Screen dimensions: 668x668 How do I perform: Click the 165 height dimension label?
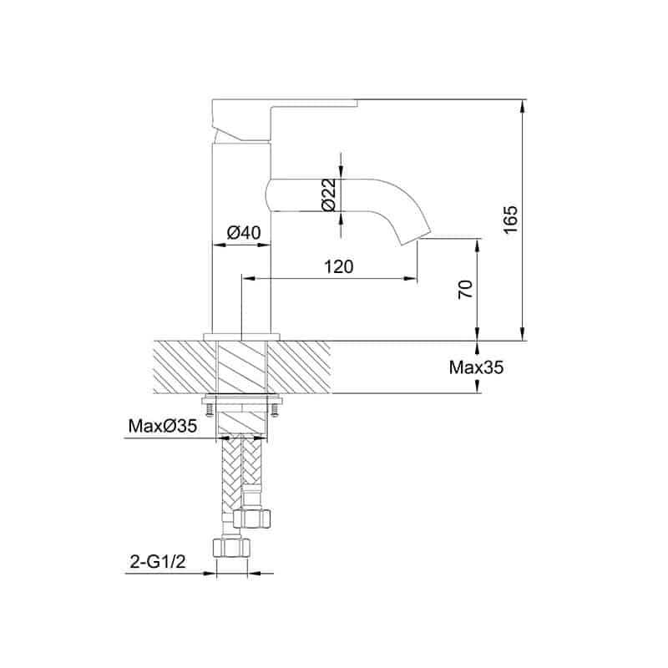[510, 219]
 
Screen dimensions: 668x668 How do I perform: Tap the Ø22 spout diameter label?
[329, 195]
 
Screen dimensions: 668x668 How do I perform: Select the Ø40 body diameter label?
[243, 233]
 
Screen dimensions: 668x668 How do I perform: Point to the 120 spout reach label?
[339, 266]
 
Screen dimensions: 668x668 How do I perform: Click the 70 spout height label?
[466, 290]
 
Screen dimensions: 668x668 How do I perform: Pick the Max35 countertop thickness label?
[476, 367]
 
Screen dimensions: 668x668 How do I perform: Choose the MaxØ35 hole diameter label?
[163, 426]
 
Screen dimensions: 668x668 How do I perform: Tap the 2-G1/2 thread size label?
[158, 562]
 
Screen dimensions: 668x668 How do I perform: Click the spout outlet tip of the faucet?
[416, 240]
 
